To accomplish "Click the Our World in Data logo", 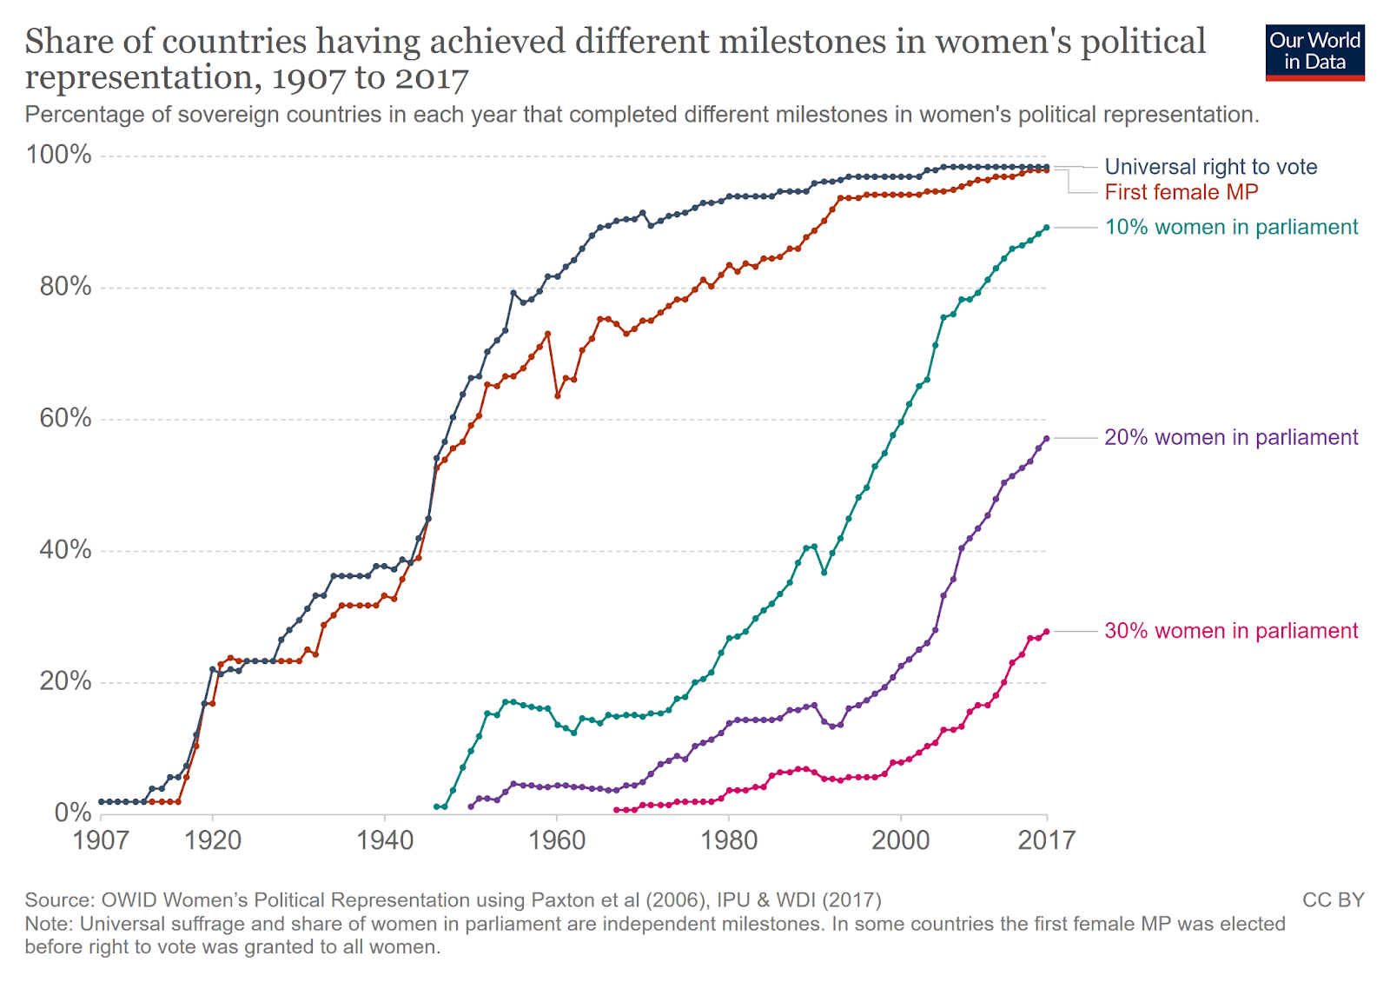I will [x=1314, y=52].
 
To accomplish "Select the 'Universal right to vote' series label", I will [x=1210, y=167].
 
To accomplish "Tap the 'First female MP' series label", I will [x=1181, y=192].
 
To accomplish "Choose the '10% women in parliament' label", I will [x=1230, y=227].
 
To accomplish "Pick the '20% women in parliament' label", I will [x=1230, y=437].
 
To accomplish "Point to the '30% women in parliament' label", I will [x=1230, y=631].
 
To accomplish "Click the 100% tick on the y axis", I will [x=59, y=155].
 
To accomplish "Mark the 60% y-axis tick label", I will [x=65, y=418].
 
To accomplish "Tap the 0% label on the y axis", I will [x=72, y=813].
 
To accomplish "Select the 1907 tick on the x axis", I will [x=101, y=840].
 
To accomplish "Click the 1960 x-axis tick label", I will [x=557, y=840].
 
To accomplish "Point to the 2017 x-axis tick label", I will [x=1046, y=840].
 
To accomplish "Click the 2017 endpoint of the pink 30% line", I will [x=1047, y=632].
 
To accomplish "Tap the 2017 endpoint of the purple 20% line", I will [x=1047, y=438].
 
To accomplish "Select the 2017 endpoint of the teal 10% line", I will [x=1047, y=228].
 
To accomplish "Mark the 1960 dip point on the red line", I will [x=558, y=395].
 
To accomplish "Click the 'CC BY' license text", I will [x=1333, y=900].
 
